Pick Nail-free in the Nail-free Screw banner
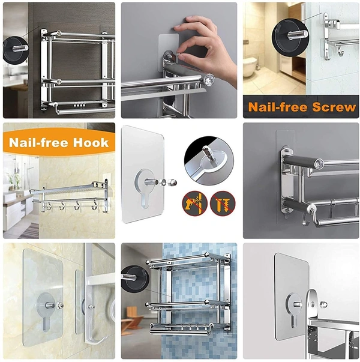click(x=277, y=107)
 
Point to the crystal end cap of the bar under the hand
click(x=206, y=79)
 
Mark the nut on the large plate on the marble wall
click(x=59, y=306)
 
